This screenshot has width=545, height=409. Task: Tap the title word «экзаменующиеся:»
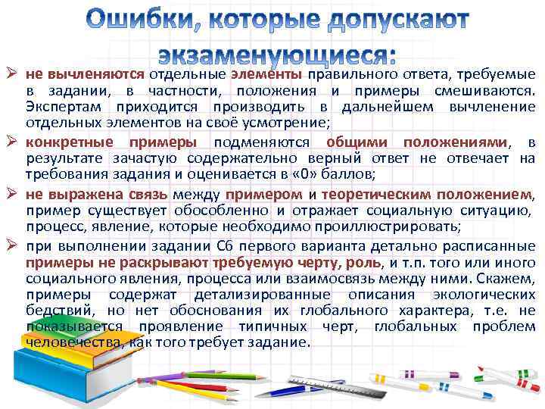(x=277, y=55)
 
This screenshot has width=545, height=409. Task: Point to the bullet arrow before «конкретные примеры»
(x=13, y=142)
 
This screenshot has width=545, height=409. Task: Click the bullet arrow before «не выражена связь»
(x=13, y=193)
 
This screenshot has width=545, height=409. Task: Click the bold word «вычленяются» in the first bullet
(x=95, y=75)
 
